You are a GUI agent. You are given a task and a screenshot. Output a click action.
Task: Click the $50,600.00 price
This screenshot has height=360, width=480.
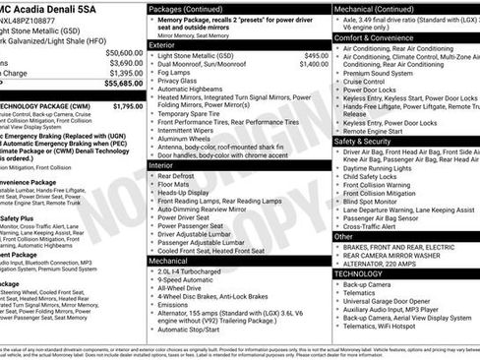click(x=123, y=52)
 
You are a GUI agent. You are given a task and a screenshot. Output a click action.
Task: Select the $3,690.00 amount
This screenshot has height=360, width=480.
click(x=125, y=63)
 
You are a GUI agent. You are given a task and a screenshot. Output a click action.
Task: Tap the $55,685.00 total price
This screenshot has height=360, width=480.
click(x=123, y=85)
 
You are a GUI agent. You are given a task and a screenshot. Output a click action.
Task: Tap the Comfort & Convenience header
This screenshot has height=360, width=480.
click(x=375, y=37)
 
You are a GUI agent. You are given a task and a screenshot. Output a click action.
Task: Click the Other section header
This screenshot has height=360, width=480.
click(x=343, y=236)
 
